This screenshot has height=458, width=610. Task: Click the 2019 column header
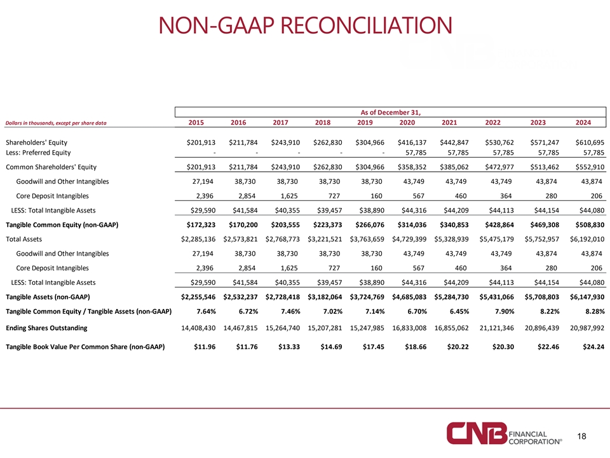click(x=365, y=122)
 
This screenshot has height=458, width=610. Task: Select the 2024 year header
click(x=583, y=122)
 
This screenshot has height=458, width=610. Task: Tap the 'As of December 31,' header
click(x=391, y=112)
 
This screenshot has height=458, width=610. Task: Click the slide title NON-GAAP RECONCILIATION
click(x=306, y=25)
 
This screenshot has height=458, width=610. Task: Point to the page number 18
click(x=581, y=436)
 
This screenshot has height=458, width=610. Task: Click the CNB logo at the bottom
click(x=504, y=433)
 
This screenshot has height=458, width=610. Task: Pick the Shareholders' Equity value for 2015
click(x=201, y=142)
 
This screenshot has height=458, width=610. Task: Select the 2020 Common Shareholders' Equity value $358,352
click(x=412, y=167)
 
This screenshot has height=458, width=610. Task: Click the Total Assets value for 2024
click(x=587, y=239)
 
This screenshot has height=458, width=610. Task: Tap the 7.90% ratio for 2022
click(x=503, y=312)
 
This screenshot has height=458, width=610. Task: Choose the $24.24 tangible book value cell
click(x=593, y=347)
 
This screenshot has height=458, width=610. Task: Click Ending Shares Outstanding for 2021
click(x=451, y=328)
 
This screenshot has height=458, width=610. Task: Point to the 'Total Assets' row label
click(x=24, y=239)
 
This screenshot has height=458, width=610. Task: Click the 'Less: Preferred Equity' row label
click(x=38, y=153)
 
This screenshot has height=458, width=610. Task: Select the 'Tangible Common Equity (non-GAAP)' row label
click(x=62, y=225)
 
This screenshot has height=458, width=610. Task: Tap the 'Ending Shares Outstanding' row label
click(x=46, y=328)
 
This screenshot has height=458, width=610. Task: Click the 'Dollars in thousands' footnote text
click(x=56, y=123)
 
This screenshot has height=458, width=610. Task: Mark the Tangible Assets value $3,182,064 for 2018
click(x=325, y=297)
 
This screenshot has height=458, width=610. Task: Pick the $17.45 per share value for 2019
click(x=374, y=347)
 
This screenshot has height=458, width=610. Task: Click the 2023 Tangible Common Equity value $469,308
click(x=545, y=225)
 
